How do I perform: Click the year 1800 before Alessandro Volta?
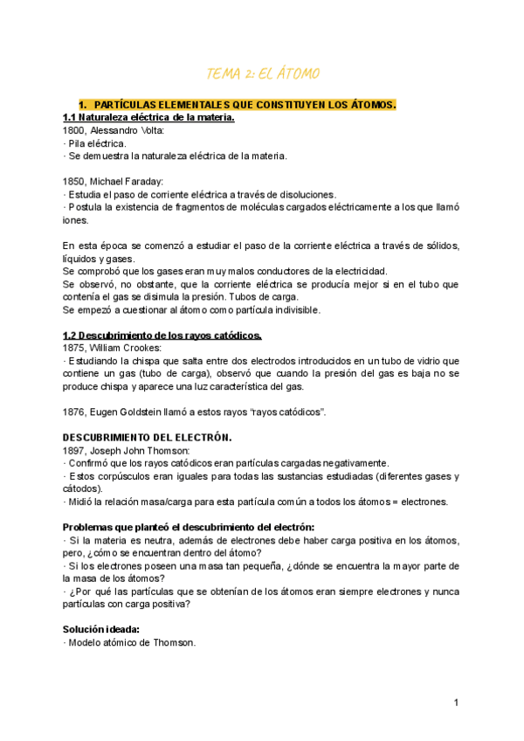[x=74, y=130]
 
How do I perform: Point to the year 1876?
[x=74, y=412]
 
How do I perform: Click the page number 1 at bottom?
[x=456, y=703]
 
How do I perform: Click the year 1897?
[x=74, y=449]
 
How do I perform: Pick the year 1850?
[x=74, y=181]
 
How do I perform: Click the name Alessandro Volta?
[x=127, y=130]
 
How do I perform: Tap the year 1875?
[x=74, y=347]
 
